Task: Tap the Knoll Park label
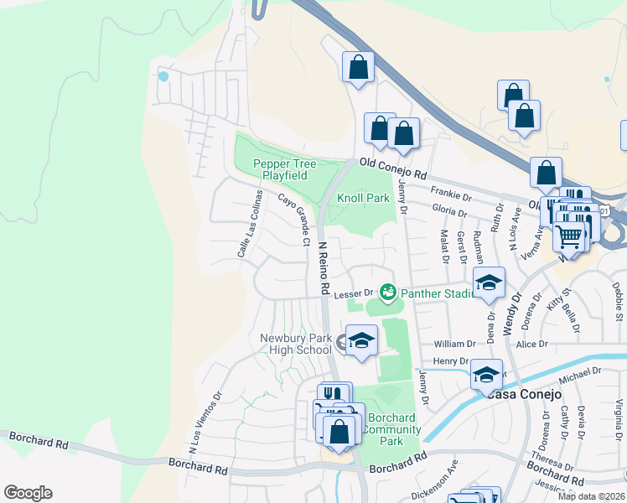tap(364, 199)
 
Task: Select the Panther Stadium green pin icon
tap(387, 293)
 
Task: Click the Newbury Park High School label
tap(295, 344)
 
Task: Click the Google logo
tap(28, 493)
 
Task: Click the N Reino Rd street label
tap(322, 268)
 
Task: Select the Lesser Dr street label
tap(353, 293)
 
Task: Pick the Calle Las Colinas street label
tap(250, 223)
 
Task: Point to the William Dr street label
tap(455, 344)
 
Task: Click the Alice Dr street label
tap(531, 344)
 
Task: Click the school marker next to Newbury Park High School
tap(361, 340)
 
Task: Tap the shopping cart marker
tap(569, 238)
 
